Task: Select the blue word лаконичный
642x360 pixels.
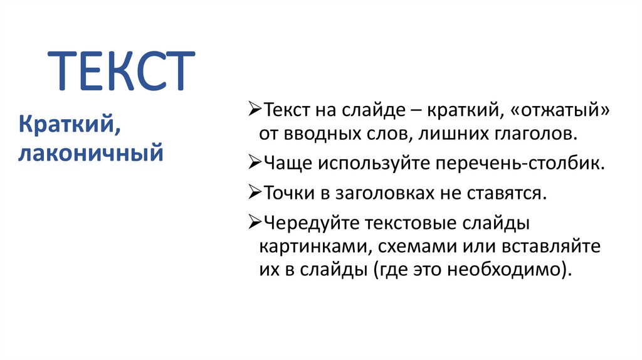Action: click(x=92, y=152)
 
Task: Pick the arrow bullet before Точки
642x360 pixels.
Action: click(x=255, y=193)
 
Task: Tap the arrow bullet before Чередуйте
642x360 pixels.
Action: click(x=255, y=222)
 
